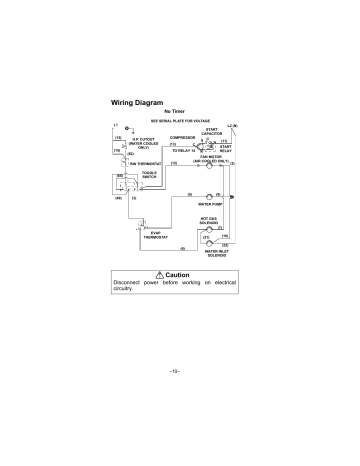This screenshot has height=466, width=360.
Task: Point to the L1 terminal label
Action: click(x=116, y=124)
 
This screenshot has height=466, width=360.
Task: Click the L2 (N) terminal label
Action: click(x=232, y=124)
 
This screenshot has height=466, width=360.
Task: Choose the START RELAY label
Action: click(x=225, y=148)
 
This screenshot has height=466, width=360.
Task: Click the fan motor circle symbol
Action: click(x=210, y=166)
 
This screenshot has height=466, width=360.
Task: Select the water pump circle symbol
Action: click(x=210, y=195)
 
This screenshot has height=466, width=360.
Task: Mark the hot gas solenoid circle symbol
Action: click(x=210, y=229)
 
